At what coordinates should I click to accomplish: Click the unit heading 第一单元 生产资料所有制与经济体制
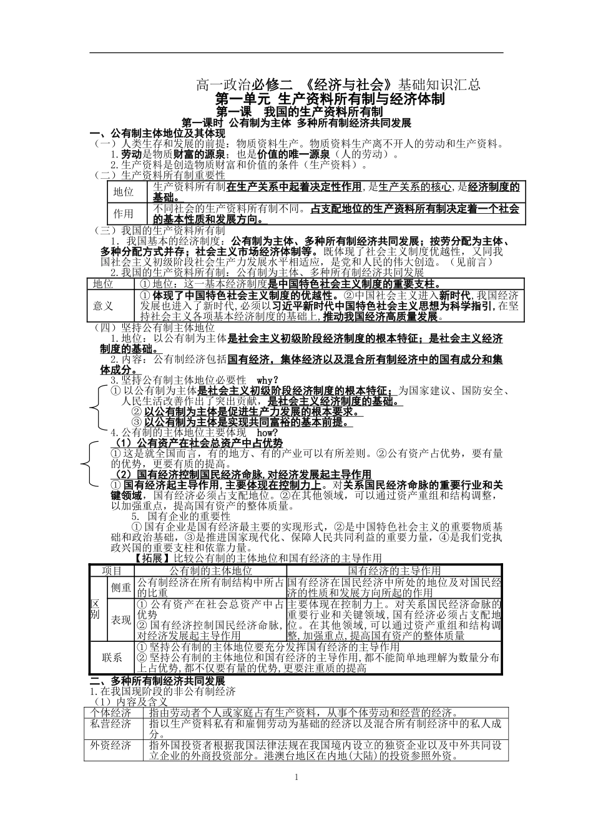[x=330, y=99]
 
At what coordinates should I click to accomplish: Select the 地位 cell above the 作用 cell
[x=124, y=192]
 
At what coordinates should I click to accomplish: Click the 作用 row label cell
[x=124, y=213]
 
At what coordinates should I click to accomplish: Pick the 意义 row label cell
[x=103, y=306]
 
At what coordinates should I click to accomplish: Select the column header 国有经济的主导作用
[x=394, y=571]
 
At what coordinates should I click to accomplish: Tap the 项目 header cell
[x=112, y=571]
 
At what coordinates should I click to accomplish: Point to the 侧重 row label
[x=121, y=587]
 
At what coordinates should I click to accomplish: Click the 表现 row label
[x=121, y=619]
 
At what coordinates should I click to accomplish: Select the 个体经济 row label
[x=110, y=712]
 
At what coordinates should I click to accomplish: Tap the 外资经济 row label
[x=110, y=746]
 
